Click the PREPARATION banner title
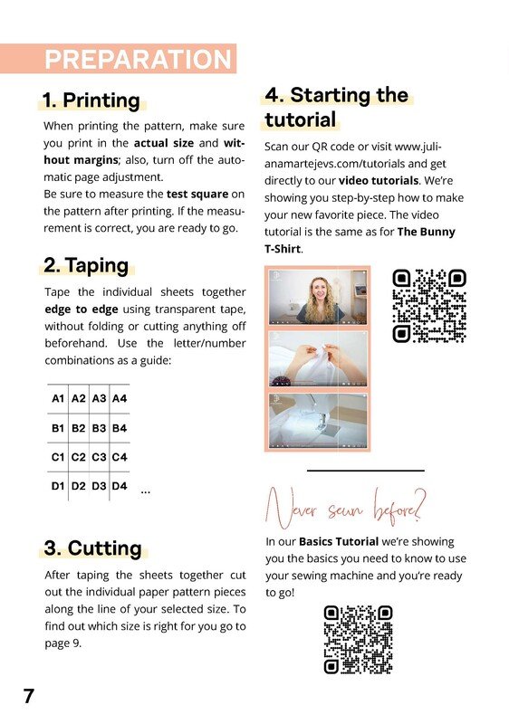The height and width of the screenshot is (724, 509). [138, 59]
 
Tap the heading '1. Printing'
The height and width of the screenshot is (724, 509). [91, 100]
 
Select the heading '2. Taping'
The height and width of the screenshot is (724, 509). [86, 265]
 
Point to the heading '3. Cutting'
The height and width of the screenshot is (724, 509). [93, 548]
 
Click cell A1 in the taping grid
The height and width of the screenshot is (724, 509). [58, 398]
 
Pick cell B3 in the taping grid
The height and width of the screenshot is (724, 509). [99, 428]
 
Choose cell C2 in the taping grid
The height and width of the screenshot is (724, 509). [79, 457]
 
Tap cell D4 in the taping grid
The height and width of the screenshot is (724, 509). [120, 486]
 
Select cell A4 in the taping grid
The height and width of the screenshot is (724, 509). [120, 398]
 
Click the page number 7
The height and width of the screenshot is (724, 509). [29, 696]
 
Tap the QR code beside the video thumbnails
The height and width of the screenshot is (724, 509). [429, 306]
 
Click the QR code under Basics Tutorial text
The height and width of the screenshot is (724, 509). [358, 640]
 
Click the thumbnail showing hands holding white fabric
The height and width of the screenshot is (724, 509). [318, 358]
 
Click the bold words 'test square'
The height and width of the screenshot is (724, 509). [197, 194]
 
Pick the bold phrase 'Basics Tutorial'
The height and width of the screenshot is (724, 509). [339, 541]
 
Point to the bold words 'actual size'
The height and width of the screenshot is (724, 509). [164, 143]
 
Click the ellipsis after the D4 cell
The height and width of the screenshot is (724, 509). [146, 492]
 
